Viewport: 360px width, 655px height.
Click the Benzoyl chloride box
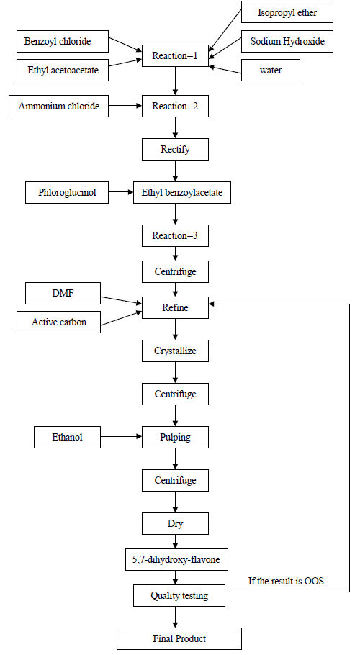pyautogui.click(x=63, y=41)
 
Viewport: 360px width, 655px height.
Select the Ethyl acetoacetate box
pyautogui.click(x=63, y=71)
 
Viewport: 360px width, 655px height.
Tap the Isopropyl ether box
pyautogui.click(x=287, y=12)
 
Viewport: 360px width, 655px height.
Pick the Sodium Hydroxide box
pyautogui.click(x=287, y=41)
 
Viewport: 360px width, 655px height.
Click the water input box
pyautogui.click(x=271, y=71)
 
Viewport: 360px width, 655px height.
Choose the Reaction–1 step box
pyautogui.click(x=175, y=55)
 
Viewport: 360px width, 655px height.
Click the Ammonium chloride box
pyautogui.click(x=58, y=106)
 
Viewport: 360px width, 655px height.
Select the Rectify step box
pyautogui.click(x=175, y=149)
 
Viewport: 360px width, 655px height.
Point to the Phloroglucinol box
pyautogui.click(x=67, y=193)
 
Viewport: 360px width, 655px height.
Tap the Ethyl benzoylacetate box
pyautogui.click(x=182, y=193)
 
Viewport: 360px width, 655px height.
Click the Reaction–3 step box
pyautogui.click(x=175, y=235)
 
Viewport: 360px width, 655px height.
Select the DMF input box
pyautogui.click(x=63, y=293)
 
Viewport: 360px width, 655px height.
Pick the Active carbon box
pyautogui.click(x=58, y=322)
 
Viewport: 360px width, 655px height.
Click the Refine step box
pyautogui.click(x=175, y=308)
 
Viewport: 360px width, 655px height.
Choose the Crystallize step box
pyautogui.click(x=175, y=351)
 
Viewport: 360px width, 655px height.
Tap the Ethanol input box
pyautogui.click(x=67, y=438)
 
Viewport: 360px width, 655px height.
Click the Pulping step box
pyautogui.click(x=175, y=438)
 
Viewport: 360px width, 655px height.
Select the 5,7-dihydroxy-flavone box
pyautogui.click(x=176, y=560)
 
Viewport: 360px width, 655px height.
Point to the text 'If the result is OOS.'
pyautogui.click(x=287, y=581)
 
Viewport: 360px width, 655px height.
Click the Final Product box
pyautogui.click(x=179, y=638)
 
